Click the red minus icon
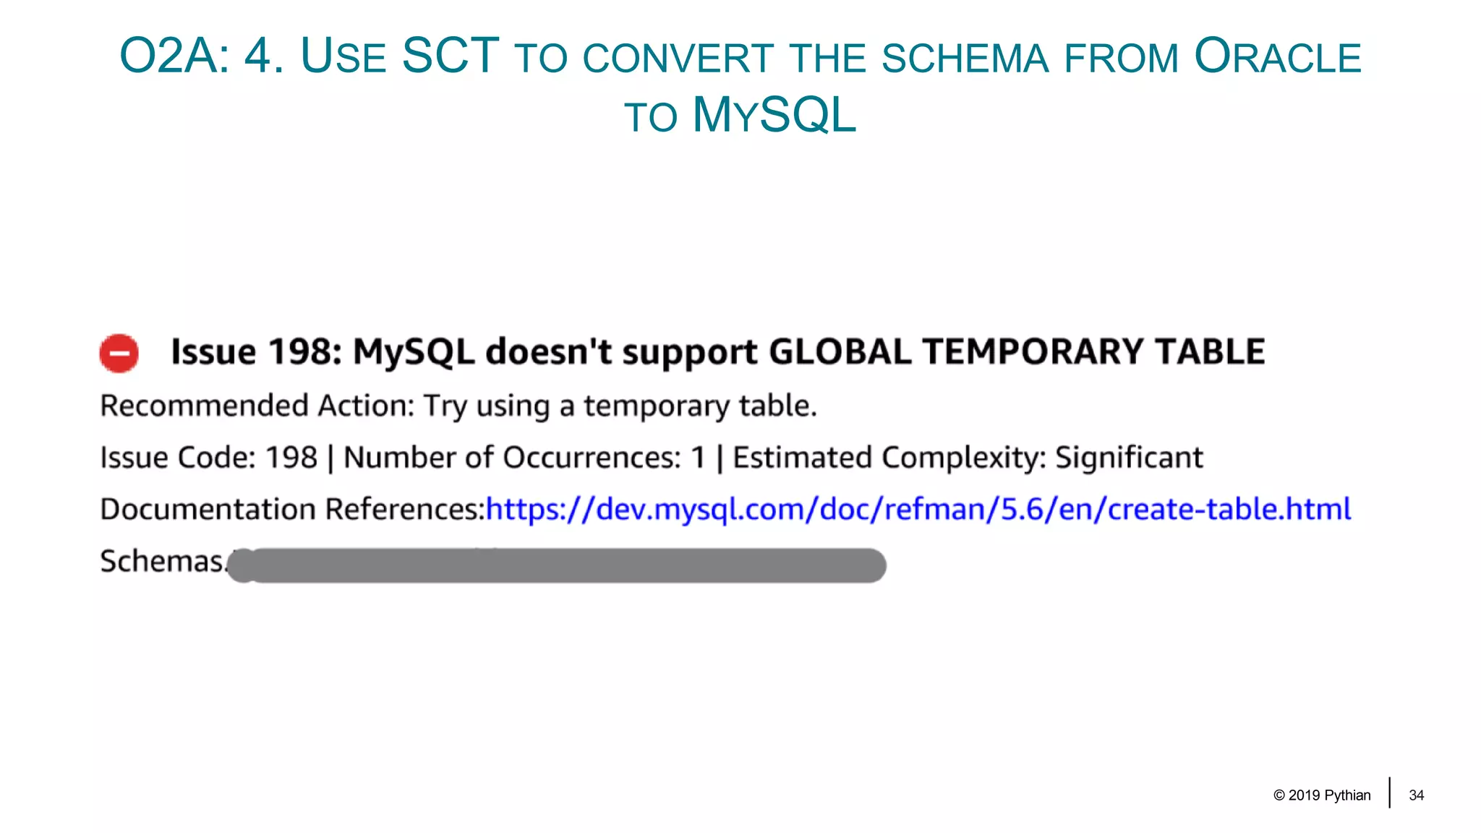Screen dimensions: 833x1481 point(119,354)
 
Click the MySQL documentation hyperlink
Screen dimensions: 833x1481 point(918,510)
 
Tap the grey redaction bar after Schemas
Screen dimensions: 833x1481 point(557,565)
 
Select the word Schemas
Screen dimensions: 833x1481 point(162,562)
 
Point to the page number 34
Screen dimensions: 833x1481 point(1416,795)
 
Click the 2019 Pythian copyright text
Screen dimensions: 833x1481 point(1322,795)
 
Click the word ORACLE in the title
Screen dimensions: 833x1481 point(1278,56)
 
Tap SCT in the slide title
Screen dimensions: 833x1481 point(450,56)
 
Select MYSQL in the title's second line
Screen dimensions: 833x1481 point(774,115)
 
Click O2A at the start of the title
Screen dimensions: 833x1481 point(174,56)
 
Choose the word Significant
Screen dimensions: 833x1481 point(1129,458)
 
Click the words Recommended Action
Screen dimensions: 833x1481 point(256,406)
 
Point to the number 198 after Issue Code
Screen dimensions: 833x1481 point(291,458)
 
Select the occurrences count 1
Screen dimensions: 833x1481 point(698,458)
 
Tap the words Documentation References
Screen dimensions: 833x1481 point(291,510)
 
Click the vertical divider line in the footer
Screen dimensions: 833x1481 point(1389,793)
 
